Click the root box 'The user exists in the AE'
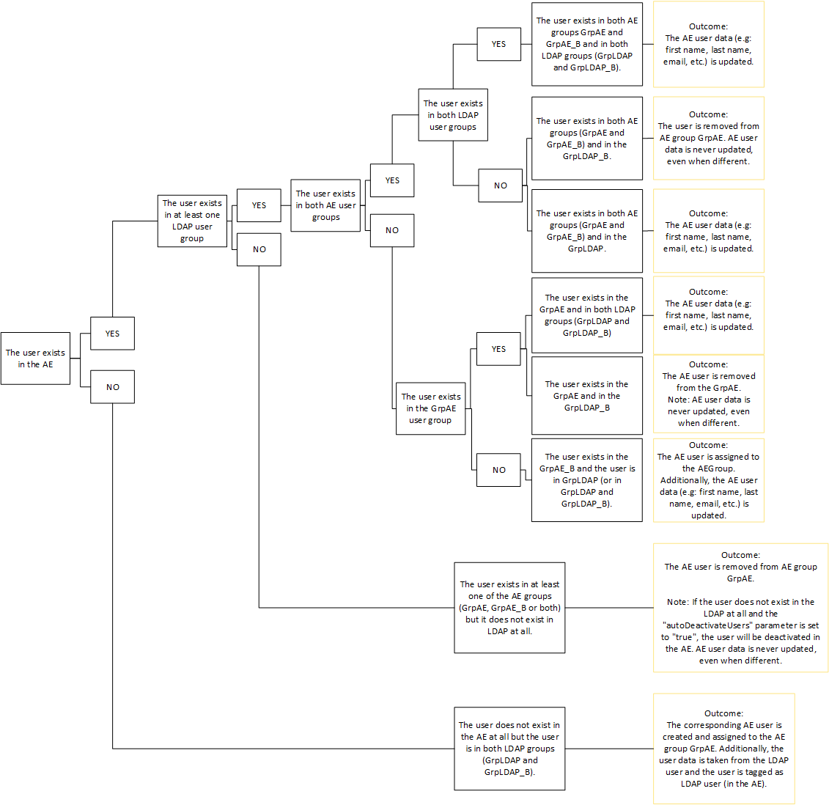35,359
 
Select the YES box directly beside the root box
112,334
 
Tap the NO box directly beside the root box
112,387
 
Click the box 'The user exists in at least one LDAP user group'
192,221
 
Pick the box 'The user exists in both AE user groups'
325,205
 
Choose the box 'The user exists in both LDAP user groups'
453,115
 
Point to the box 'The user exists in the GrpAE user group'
430,408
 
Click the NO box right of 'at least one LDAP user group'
259,249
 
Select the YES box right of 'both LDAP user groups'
498,44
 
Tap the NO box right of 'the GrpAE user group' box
498,470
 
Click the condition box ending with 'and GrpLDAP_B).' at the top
586,44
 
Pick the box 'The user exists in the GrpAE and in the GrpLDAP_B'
586,396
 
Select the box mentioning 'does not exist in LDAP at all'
509,608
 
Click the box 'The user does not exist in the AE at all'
509,749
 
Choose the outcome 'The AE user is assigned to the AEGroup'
708,480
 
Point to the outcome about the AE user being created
723,749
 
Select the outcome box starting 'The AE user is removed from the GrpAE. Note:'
708,394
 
